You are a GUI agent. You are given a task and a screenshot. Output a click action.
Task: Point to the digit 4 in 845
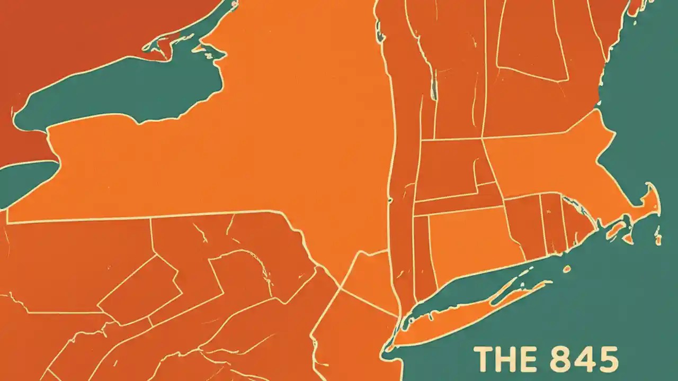click(x=584, y=359)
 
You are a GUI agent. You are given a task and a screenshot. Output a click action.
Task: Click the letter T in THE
click(x=483, y=359)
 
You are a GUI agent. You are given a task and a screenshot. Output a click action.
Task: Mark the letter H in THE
click(x=504, y=359)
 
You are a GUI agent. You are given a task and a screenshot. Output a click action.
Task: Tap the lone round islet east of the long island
click(x=567, y=269)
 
